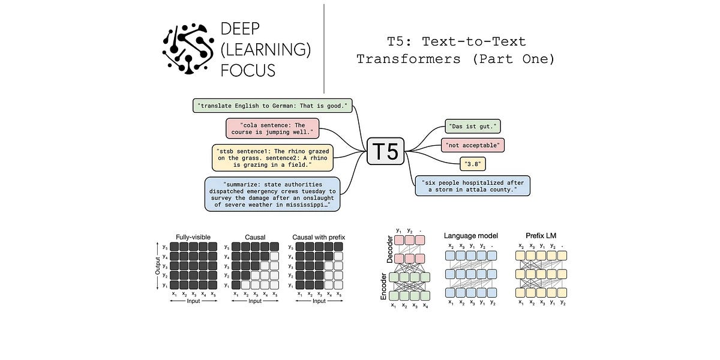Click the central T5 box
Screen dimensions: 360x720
(x=385, y=151)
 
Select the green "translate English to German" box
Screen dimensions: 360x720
(x=273, y=106)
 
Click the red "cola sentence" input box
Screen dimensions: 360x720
(x=272, y=128)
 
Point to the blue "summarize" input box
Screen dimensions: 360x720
(x=272, y=194)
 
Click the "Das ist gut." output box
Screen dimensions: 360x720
(x=473, y=127)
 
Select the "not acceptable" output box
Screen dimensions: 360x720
(x=473, y=145)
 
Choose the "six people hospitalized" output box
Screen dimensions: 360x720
(x=473, y=186)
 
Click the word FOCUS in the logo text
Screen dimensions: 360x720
(x=248, y=71)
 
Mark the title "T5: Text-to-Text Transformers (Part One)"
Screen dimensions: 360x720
(x=456, y=50)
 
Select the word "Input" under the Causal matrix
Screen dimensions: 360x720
(x=255, y=301)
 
